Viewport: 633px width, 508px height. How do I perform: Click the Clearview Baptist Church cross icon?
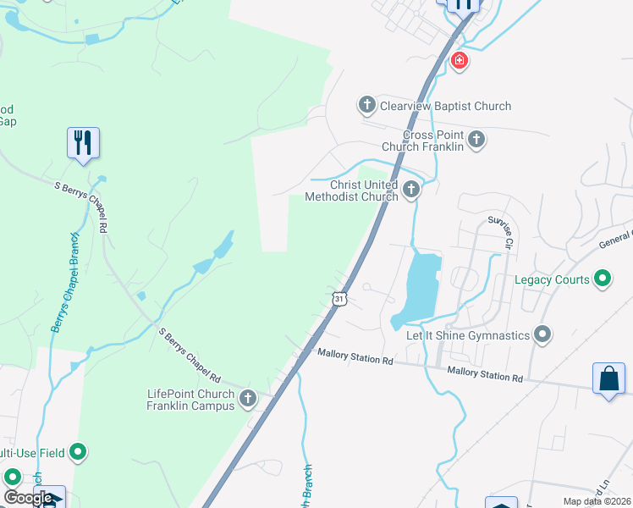coord(366,106)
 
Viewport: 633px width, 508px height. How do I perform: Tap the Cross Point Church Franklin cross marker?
coord(476,139)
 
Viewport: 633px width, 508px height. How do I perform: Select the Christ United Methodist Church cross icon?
coord(411,189)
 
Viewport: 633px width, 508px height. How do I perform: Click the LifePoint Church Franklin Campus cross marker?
coord(248,398)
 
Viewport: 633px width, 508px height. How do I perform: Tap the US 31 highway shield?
coord(339,299)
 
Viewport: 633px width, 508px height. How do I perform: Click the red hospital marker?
coord(459,61)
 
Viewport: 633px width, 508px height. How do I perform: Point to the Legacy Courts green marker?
coord(603,278)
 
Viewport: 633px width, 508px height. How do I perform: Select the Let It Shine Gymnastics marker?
coord(542,334)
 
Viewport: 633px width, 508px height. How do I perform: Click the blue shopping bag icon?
coord(609,378)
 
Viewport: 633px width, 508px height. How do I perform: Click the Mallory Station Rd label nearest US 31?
coord(355,360)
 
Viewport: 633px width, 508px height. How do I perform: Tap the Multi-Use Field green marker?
coord(78,452)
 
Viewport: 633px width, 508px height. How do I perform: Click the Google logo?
coord(28,498)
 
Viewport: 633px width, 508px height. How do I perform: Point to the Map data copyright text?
coord(597,501)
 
